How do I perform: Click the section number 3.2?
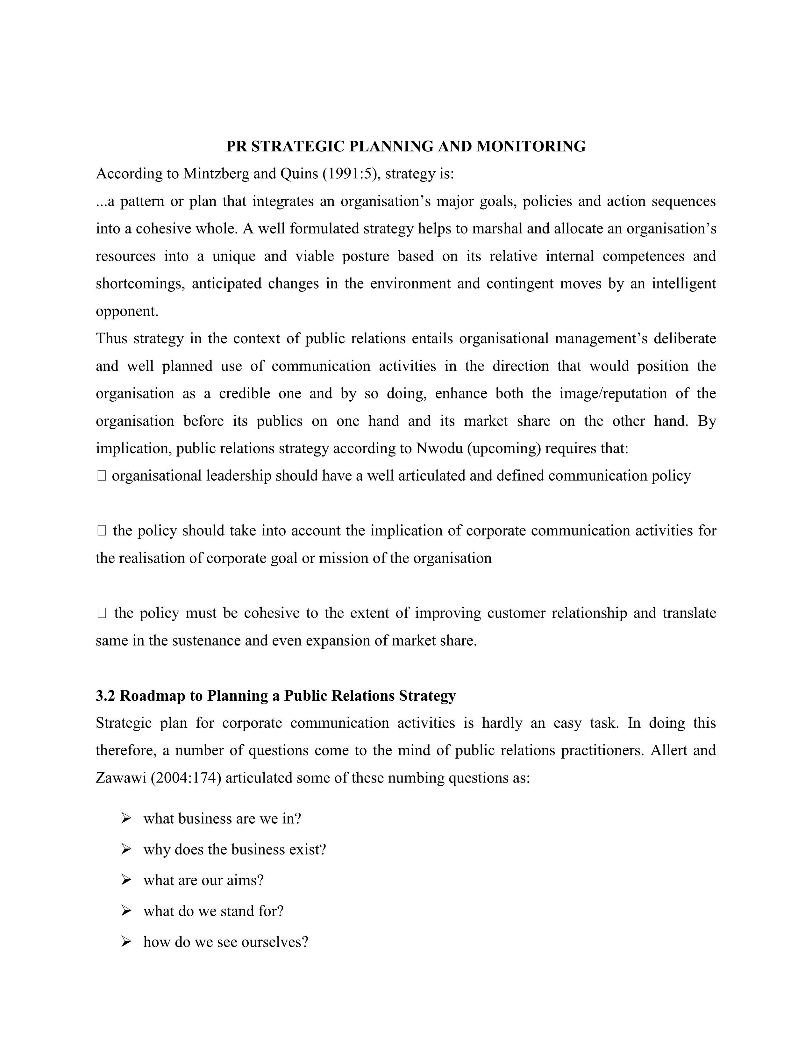[x=105, y=696]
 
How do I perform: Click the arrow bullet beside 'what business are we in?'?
[x=126, y=819]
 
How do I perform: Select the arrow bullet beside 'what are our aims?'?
[x=126, y=880]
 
